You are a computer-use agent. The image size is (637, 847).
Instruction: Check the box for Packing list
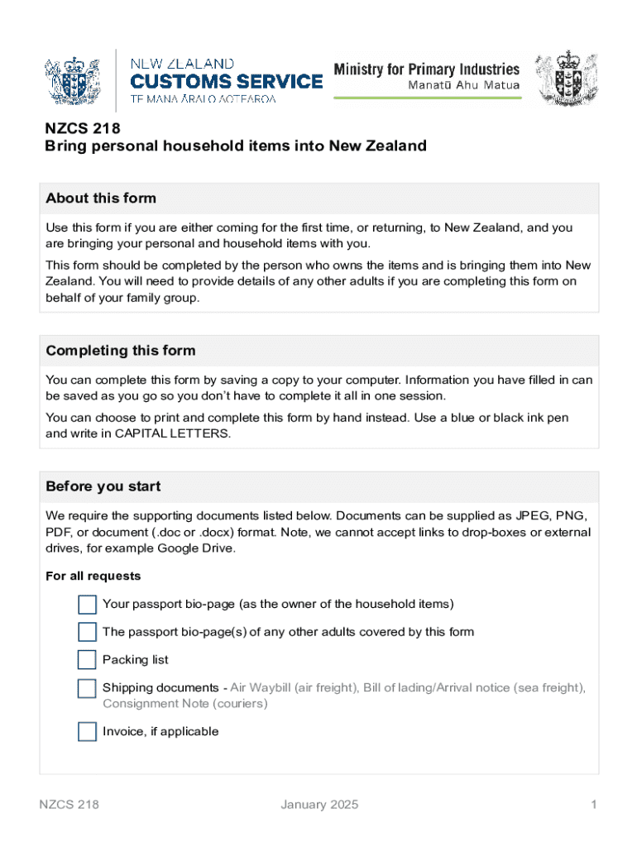point(87,660)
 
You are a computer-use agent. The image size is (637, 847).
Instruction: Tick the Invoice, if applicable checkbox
point(87,732)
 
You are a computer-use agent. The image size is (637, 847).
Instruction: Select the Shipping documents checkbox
point(87,688)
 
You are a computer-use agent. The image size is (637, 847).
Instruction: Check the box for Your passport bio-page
point(87,605)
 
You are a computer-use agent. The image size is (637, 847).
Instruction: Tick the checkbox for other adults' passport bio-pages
point(87,633)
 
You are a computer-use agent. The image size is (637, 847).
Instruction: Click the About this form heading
point(101,199)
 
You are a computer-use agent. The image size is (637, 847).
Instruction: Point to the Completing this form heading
point(121,351)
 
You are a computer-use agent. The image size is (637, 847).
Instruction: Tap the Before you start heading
point(103,486)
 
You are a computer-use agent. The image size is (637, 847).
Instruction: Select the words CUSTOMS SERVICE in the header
point(227,81)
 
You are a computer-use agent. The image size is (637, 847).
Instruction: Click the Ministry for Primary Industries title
point(426,69)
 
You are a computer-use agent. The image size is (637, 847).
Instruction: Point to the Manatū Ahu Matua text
point(464,86)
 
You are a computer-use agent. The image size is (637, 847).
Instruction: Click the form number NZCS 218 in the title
point(83,128)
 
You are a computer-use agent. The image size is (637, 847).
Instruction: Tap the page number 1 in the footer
point(593,805)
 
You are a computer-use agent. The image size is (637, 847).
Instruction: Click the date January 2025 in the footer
point(319,805)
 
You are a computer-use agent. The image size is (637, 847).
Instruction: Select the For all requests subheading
point(93,577)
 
